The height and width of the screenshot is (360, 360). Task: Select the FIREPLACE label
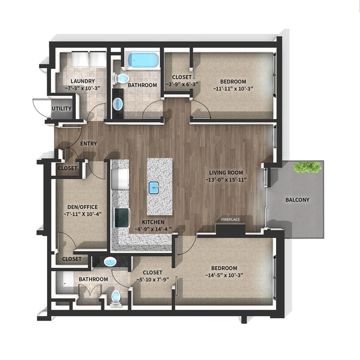click(230, 220)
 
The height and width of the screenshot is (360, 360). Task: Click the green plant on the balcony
click(307, 167)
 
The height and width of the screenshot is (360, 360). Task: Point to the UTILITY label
click(61, 108)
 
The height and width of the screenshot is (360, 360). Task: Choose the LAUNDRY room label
click(83, 81)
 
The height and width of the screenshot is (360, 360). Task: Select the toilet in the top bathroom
click(121, 79)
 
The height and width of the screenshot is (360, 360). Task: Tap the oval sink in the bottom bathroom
click(110, 262)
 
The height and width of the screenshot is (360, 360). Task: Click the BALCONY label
click(297, 200)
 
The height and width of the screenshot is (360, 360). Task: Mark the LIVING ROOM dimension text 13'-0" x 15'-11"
click(226, 180)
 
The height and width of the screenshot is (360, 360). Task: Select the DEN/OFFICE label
click(83, 207)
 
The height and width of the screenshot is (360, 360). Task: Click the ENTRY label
click(88, 144)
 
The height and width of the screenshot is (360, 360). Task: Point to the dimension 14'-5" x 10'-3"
click(224, 275)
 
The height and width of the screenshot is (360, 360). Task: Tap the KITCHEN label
click(153, 222)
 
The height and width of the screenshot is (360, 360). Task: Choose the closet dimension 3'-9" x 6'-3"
click(182, 84)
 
